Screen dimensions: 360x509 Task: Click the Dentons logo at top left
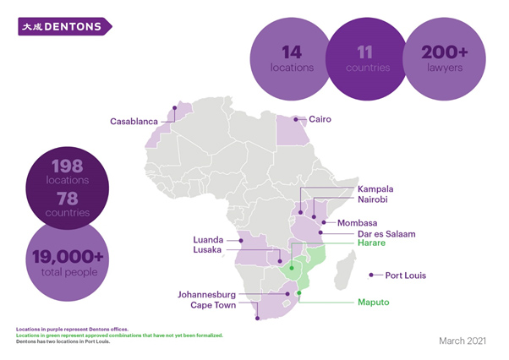pyautogui.click(x=64, y=27)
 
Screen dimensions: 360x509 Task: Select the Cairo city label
pyautogui.click(x=320, y=120)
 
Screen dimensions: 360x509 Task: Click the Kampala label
pyautogui.click(x=375, y=188)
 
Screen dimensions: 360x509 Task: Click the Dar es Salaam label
pyautogui.click(x=386, y=234)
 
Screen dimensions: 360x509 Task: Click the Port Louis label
pyautogui.click(x=405, y=275)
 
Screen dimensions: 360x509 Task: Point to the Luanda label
pyautogui.click(x=210, y=239)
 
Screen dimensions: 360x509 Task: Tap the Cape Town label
pyautogui.click(x=212, y=306)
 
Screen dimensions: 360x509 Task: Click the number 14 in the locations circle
pyautogui.click(x=292, y=50)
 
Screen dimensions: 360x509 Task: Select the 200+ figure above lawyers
pyautogui.click(x=445, y=51)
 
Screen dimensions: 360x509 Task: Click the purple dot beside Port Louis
pyautogui.click(x=372, y=275)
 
